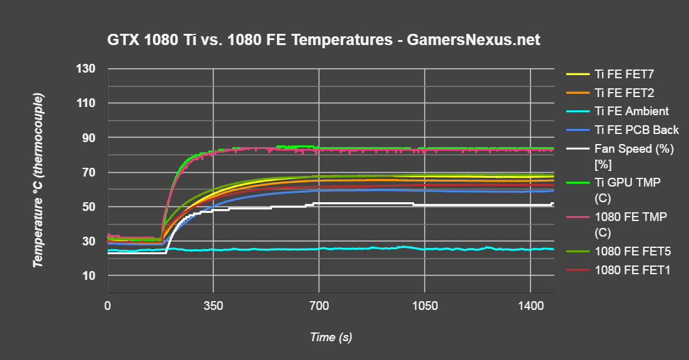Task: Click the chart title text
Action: [324, 41]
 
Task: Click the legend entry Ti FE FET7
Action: [624, 74]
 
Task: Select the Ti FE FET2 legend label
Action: [624, 93]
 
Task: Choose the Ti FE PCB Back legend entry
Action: [636, 130]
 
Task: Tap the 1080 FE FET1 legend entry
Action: [633, 270]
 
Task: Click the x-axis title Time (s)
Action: [331, 337]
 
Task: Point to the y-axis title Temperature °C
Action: [39, 180]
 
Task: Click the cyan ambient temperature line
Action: [376, 249]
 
